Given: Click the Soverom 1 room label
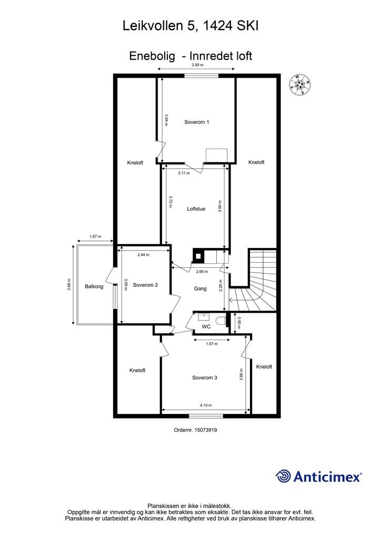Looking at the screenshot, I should (196, 122).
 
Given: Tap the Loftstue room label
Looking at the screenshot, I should (196, 209).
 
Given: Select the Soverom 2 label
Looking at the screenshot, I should (145, 285).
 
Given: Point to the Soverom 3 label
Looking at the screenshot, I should (205, 378).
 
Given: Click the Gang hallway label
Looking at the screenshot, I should (200, 289).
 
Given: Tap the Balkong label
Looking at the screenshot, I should (94, 287).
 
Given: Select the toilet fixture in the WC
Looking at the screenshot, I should (221, 319).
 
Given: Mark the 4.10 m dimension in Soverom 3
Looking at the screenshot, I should (205, 405).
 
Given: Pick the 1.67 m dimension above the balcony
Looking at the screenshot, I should (95, 237).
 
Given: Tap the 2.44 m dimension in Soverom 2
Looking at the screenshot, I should (143, 255).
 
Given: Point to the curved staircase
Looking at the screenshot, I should (257, 285).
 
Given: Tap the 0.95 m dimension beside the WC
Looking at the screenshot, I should (238, 322).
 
